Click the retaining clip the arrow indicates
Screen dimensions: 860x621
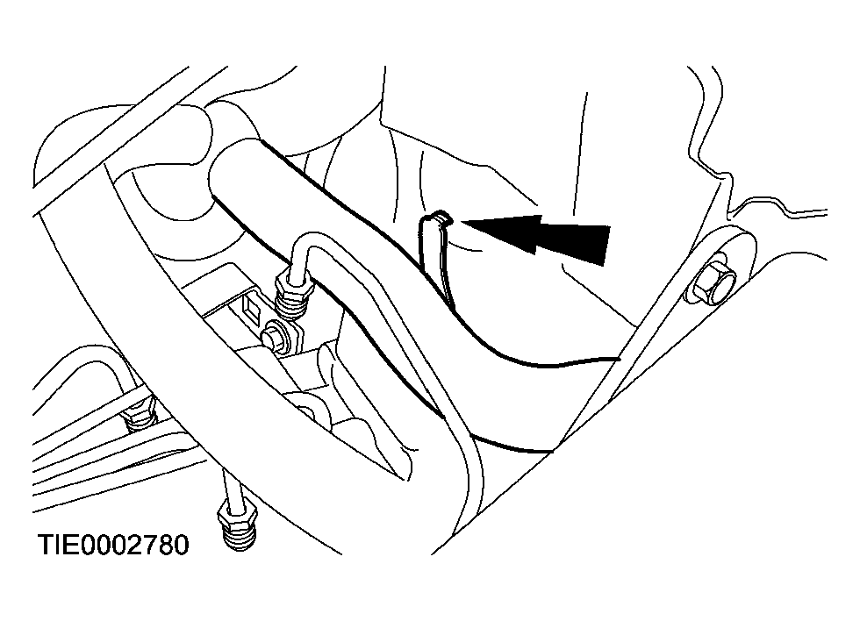[x=436, y=258]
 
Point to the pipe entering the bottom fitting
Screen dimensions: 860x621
[x=228, y=487]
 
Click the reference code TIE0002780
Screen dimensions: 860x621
[x=113, y=545]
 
